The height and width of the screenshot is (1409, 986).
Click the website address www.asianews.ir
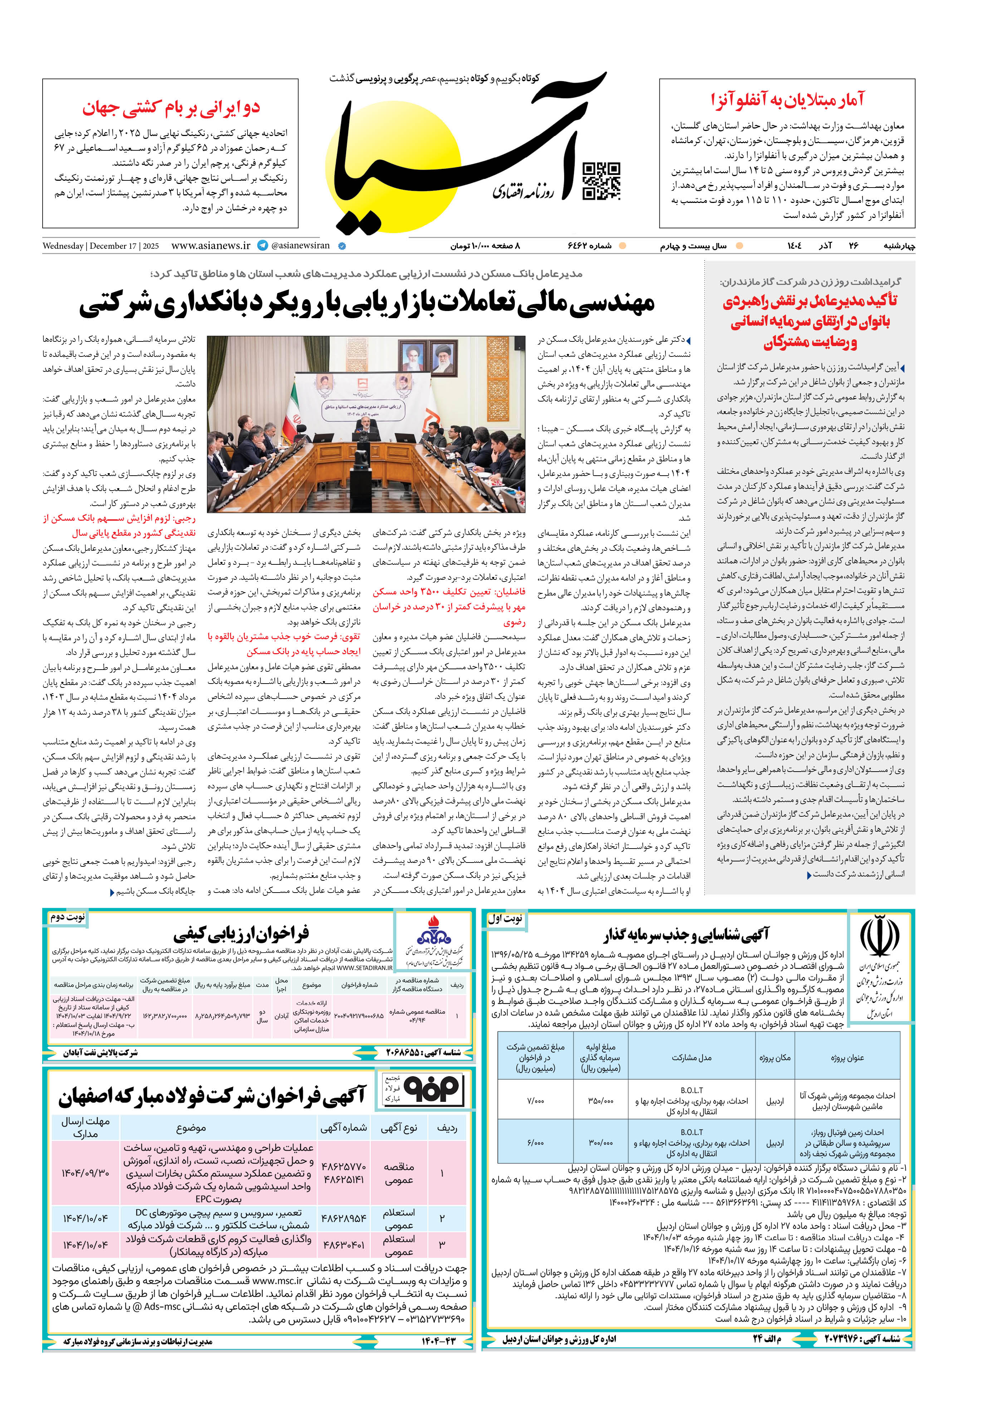click(210, 246)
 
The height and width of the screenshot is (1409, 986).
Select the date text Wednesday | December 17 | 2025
click(101, 246)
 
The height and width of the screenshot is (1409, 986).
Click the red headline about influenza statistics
click(787, 99)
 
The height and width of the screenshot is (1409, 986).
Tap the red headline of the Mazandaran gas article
click(810, 321)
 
